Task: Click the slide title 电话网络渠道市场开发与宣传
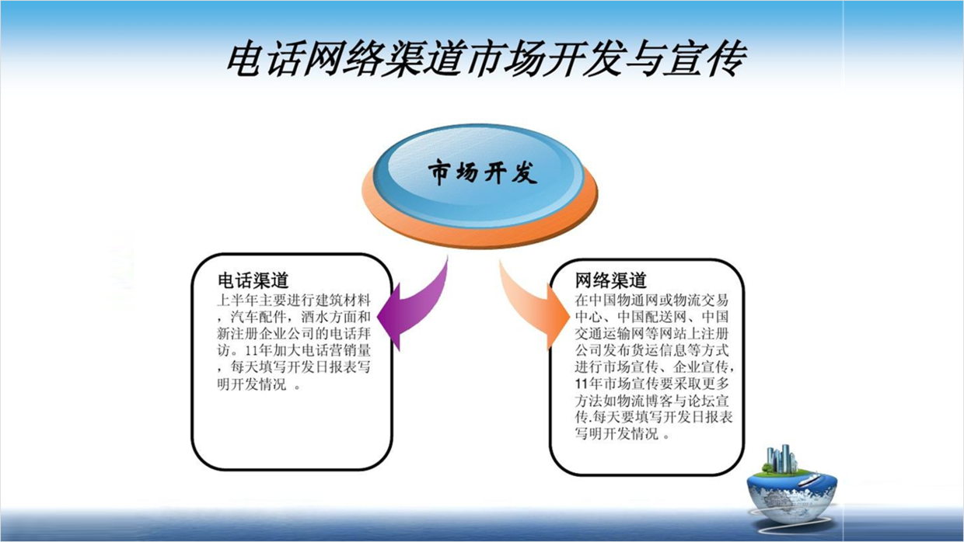[487, 59]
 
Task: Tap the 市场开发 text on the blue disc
[483, 173]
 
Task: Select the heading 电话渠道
[253, 280]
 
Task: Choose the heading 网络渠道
[611, 280]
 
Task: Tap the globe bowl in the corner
[793, 499]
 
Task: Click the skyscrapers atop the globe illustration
[781, 459]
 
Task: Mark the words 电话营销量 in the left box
[336, 351]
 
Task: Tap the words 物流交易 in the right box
[700, 300]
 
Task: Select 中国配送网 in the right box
[651, 317]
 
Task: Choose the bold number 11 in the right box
[582, 384]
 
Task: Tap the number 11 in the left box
[252, 351]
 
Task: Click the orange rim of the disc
[479, 235]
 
